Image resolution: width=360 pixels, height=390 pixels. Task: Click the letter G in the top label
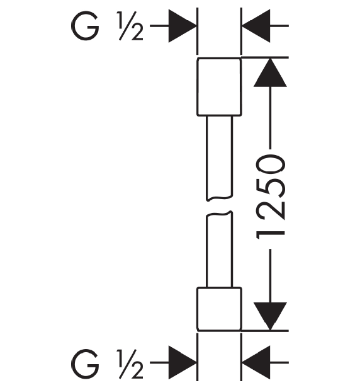coord(85,26)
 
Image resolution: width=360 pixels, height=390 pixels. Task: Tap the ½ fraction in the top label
coord(130,26)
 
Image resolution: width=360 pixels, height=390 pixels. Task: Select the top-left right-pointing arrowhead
coord(183,26)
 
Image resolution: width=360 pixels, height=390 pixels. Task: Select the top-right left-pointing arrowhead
coord(256,26)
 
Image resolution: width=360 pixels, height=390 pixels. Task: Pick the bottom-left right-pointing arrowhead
coord(183,362)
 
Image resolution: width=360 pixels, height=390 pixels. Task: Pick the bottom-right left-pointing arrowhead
coord(256,362)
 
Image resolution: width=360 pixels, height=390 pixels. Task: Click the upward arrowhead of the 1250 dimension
coord(270,72)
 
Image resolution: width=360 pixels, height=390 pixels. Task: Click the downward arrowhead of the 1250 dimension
coord(270,316)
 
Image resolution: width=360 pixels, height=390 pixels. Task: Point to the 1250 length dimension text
coord(270,197)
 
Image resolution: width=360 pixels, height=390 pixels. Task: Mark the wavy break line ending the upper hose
coord(220,198)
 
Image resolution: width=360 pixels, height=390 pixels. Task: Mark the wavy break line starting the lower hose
coord(220,214)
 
